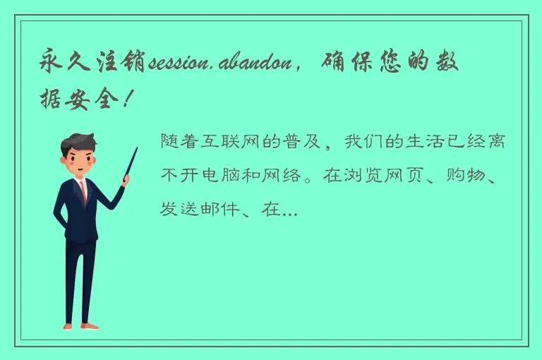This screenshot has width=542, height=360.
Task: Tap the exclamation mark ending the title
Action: click(126, 100)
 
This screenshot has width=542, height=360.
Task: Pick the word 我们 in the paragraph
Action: click(363, 141)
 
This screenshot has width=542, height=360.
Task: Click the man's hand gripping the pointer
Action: click(125, 181)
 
